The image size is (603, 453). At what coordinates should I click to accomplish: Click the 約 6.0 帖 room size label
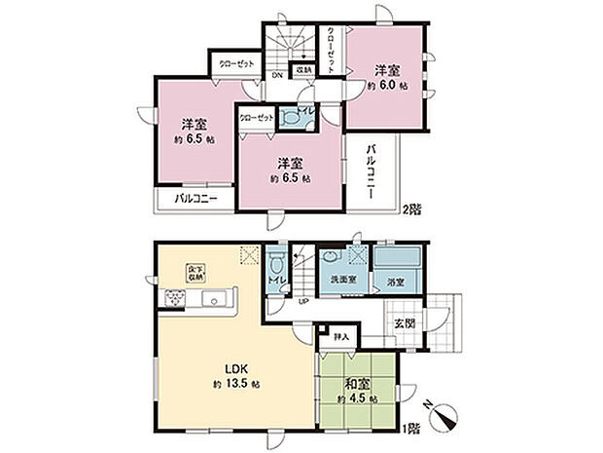coord(387,85)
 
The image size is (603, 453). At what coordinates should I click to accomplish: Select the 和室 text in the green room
coord(355,383)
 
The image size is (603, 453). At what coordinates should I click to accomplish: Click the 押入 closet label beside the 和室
coord(340,337)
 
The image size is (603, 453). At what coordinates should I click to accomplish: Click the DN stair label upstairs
coord(277,73)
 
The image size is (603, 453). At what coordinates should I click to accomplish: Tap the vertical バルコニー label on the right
coord(373,171)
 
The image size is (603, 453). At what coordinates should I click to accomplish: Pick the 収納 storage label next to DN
coord(304,70)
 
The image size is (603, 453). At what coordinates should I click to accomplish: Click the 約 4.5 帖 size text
coord(355,398)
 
